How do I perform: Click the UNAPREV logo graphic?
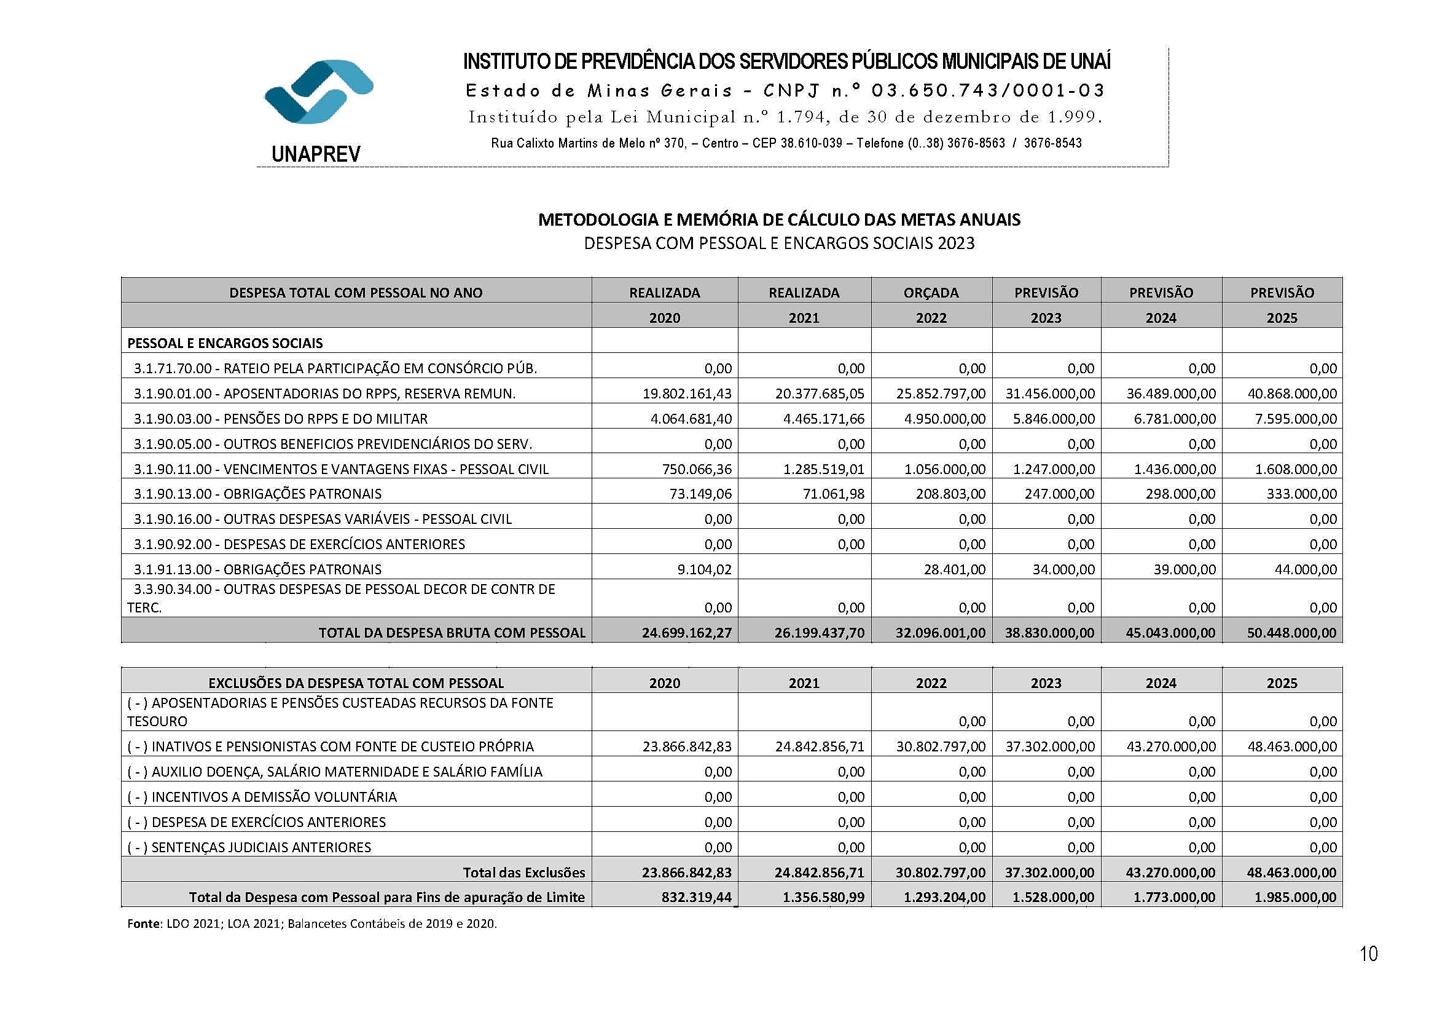pos(319,92)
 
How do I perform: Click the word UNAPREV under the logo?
pos(316,154)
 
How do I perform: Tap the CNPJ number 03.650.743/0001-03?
pos(988,91)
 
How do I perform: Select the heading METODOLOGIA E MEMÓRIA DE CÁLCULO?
pos(779,220)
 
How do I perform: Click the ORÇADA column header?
pos(931,293)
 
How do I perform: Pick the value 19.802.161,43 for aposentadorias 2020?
pos(687,394)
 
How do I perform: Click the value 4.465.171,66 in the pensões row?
pos(823,419)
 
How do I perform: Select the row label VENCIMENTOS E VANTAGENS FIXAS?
pos(386,469)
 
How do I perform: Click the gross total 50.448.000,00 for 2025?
pos(1291,633)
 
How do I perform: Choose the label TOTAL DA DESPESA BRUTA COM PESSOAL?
pos(452,633)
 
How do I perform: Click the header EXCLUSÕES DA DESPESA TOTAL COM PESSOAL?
pos(356,683)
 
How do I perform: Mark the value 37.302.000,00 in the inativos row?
pos(1049,746)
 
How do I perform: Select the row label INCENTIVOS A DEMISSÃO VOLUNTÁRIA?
pos(273,796)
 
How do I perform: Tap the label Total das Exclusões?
pos(523,873)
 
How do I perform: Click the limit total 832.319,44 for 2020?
pos(696,897)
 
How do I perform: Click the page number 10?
pos(1368,954)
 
